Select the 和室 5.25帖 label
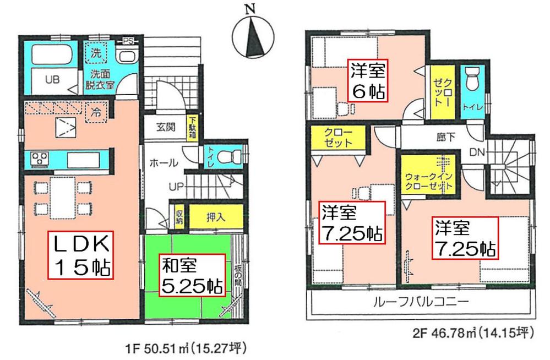[192, 276]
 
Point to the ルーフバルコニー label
[421, 302]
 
